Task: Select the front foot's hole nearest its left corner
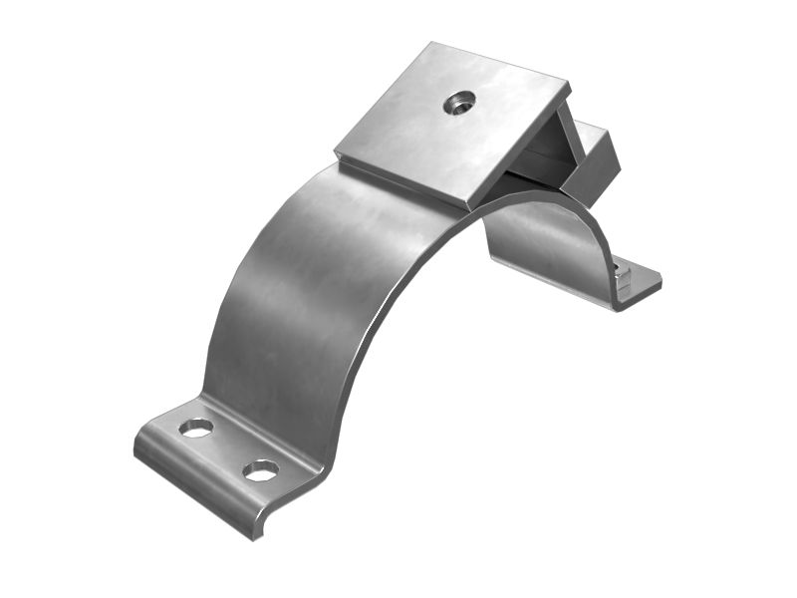[196, 428]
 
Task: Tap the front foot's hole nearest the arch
[260, 469]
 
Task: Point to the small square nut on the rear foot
[622, 272]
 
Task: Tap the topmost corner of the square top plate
[431, 44]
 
